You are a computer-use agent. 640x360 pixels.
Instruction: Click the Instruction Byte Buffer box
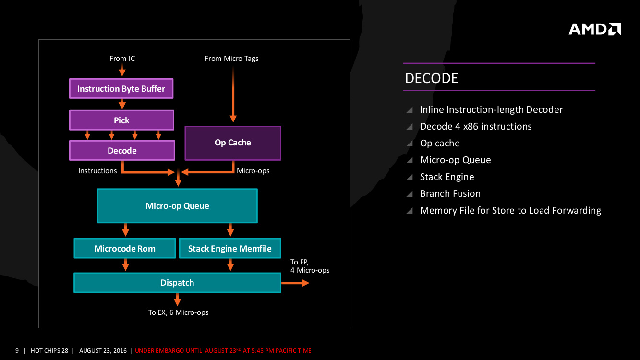(x=121, y=89)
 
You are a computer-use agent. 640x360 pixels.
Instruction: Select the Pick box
(x=121, y=120)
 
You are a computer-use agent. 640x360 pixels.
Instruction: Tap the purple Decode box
(x=122, y=150)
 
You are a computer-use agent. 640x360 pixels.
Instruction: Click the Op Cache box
(x=233, y=143)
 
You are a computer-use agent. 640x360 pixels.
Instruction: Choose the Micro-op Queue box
(x=177, y=205)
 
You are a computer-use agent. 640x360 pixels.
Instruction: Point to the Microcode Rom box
(x=124, y=248)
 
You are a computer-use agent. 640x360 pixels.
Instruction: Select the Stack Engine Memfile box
(x=229, y=248)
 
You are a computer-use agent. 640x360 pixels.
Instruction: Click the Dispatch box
(x=177, y=282)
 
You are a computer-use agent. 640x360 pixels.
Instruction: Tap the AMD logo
(x=594, y=29)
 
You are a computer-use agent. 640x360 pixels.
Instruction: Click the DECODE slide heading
(x=432, y=78)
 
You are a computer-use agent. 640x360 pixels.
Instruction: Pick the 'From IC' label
(x=122, y=59)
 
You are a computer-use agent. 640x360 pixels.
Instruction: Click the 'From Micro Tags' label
(x=231, y=59)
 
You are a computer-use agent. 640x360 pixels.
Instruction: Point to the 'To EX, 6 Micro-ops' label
(x=178, y=312)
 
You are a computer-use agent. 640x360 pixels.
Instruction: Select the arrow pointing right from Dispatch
(x=295, y=283)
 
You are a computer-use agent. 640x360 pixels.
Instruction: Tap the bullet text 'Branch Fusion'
(x=450, y=193)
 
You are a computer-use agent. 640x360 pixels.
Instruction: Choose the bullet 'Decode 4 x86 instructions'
(x=475, y=126)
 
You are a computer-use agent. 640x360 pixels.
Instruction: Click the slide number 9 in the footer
(x=17, y=351)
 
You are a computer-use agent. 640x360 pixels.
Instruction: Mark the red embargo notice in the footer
(x=223, y=351)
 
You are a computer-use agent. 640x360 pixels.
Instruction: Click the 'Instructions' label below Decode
(x=97, y=171)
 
